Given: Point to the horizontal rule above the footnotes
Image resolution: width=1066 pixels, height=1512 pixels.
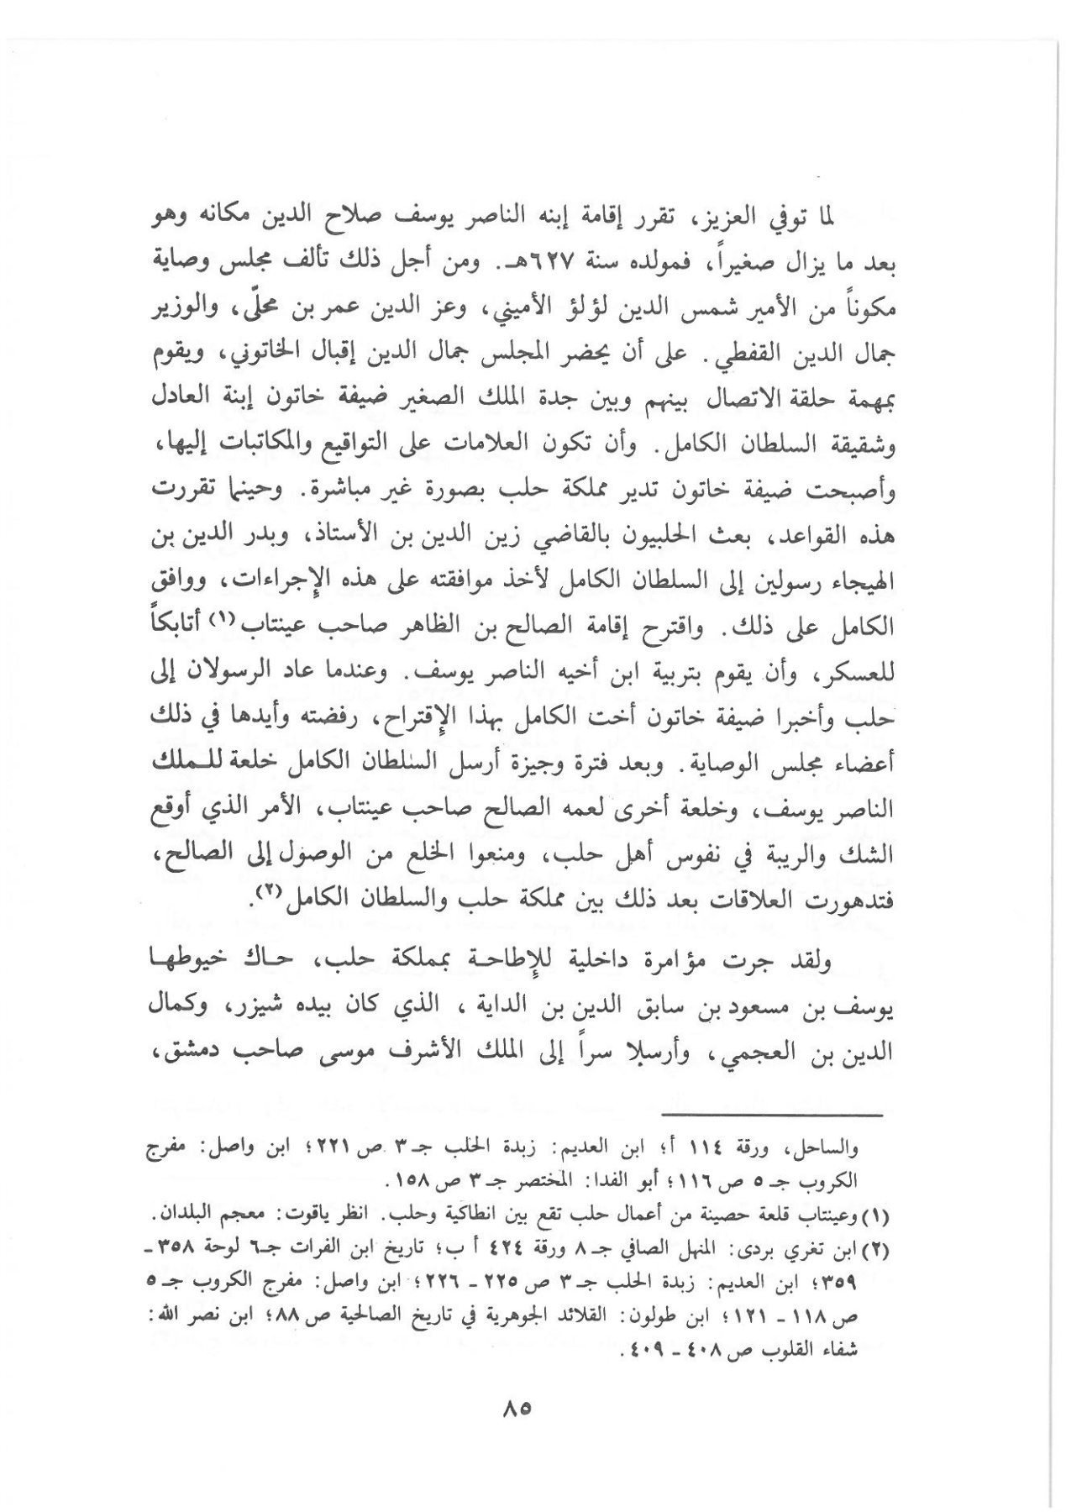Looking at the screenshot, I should click(x=772, y=1115).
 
